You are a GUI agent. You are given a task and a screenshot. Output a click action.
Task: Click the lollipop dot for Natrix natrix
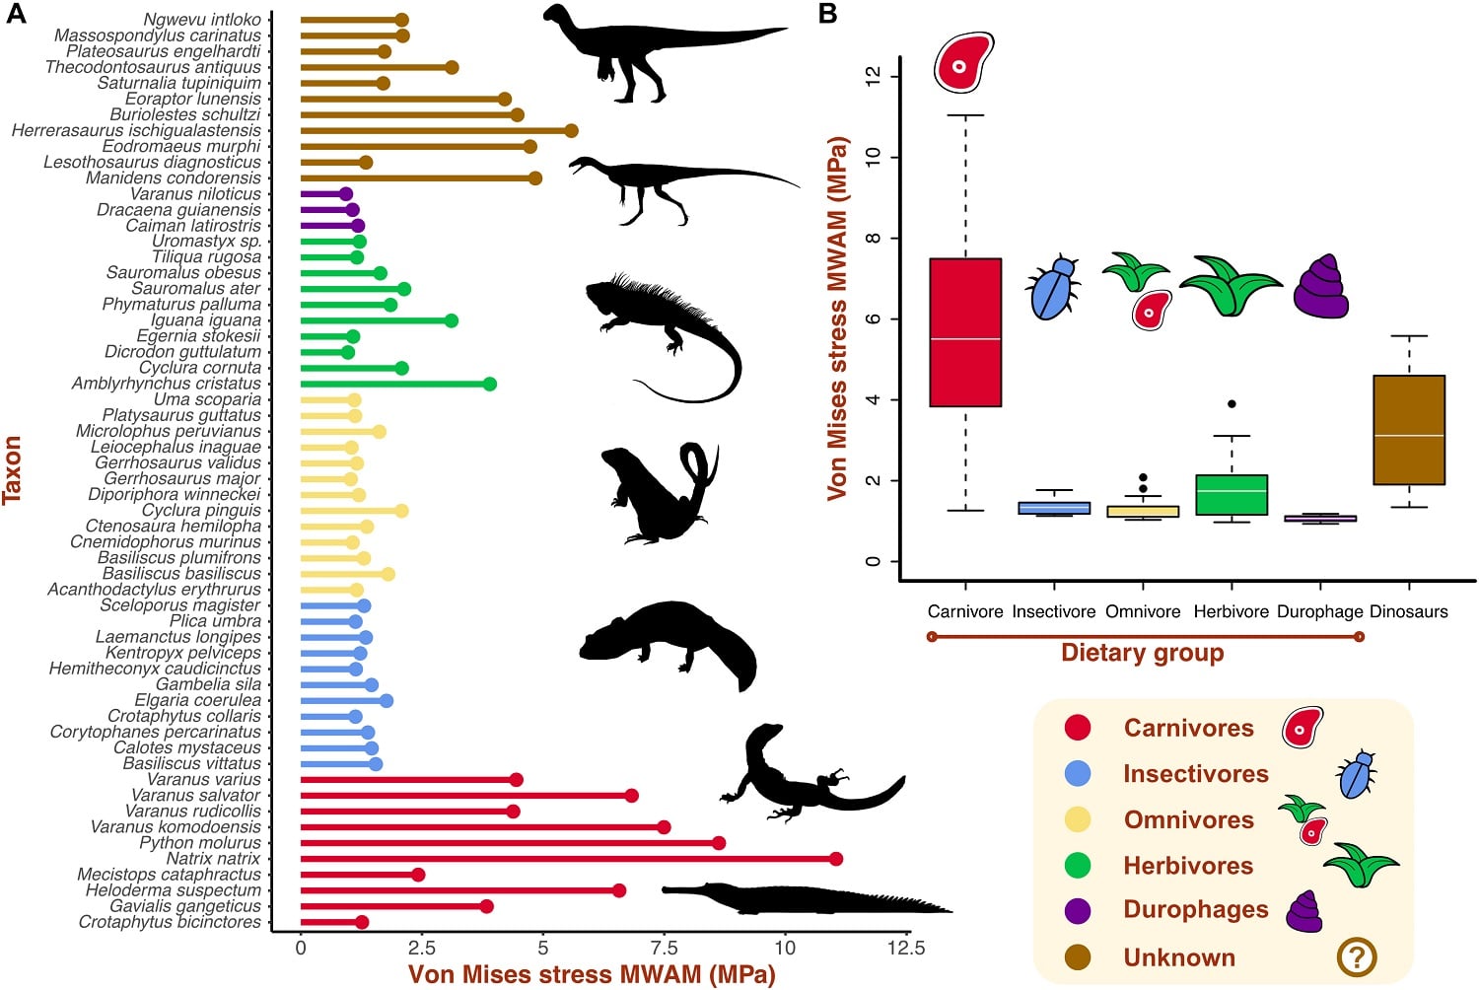(x=836, y=859)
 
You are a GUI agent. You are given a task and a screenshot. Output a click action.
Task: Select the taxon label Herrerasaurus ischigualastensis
(x=136, y=130)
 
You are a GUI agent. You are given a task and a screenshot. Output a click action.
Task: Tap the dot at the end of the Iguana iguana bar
(x=451, y=320)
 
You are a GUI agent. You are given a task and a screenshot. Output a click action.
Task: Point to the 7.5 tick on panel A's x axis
(x=664, y=948)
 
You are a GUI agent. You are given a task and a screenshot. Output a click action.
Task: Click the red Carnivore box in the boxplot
(x=965, y=332)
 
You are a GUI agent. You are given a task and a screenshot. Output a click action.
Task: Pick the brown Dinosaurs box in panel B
(x=1409, y=430)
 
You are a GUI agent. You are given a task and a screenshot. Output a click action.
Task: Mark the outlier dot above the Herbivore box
(x=1232, y=404)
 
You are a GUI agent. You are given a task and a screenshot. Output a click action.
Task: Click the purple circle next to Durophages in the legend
(x=1078, y=910)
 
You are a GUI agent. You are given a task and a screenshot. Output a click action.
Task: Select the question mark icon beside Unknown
(x=1357, y=956)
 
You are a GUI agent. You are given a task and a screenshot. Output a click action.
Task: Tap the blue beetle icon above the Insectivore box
(x=1053, y=288)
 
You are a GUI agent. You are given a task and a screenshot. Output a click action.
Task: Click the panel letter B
(x=828, y=14)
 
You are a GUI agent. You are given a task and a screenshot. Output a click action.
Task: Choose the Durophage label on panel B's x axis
(x=1319, y=611)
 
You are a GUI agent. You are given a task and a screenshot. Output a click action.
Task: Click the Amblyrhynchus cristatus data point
(x=489, y=384)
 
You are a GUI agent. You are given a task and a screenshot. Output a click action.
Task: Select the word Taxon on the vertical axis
(x=13, y=470)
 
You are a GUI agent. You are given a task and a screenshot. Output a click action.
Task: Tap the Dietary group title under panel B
(x=1142, y=653)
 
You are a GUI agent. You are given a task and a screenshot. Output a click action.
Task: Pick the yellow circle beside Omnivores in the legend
(x=1078, y=819)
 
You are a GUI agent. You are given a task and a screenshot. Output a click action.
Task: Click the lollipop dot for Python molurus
(x=718, y=843)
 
